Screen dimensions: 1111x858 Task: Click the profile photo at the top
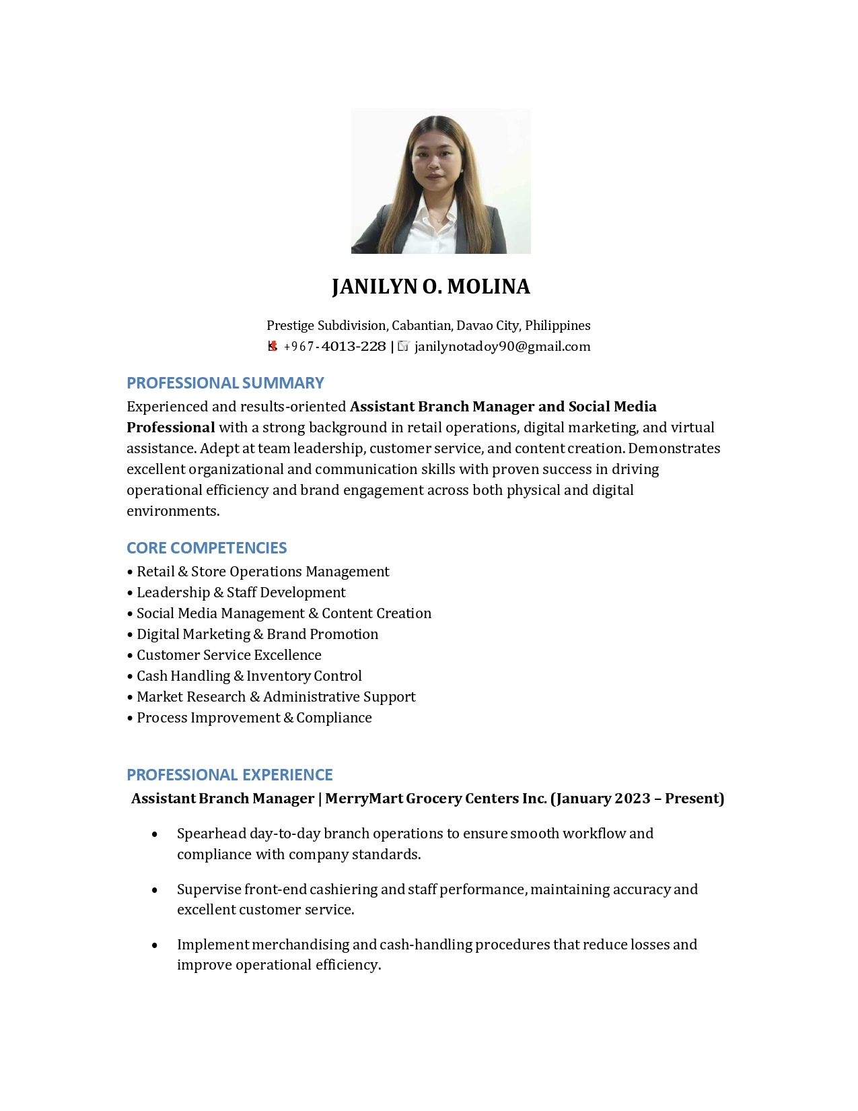tap(441, 181)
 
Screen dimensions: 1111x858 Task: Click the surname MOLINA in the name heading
tap(489, 287)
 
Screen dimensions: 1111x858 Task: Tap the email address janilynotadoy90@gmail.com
tap(502, 347)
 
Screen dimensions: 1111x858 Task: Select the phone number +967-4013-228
tap(334, 347)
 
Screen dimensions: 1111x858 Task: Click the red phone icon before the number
tap(273, 347)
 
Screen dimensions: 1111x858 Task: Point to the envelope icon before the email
tap(404, 346)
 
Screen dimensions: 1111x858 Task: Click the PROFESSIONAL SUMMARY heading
tap(225, 383)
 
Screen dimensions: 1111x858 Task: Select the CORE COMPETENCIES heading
tap(207, 548)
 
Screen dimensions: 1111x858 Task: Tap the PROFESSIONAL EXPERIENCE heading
tap(229, 775)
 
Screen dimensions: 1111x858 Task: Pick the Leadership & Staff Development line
tap(241, 593)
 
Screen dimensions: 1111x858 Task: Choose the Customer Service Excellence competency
tap(229, 655)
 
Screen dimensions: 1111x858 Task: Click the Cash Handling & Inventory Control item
tap(249, 676)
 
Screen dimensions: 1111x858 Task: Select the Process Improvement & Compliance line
tap(254, 718)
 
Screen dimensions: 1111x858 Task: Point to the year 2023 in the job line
tap(632, 799)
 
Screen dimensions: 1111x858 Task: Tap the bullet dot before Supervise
tap(155, 890)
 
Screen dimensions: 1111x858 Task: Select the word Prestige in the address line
tap(290, 326)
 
